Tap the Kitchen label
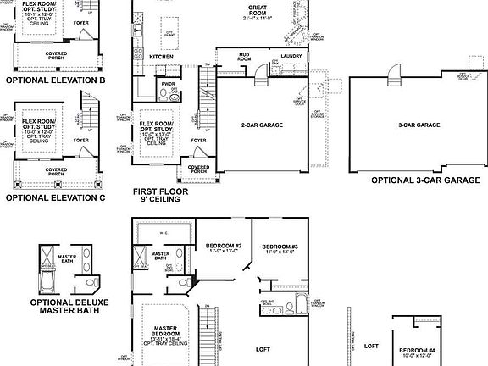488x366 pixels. [161, 57]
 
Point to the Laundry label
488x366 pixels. [291, 57]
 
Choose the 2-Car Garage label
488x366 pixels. [262, 125]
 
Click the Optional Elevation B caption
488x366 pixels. [54, 80]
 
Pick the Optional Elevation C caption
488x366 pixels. [54, 197]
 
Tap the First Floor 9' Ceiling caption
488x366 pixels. [163, 197]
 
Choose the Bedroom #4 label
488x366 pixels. [417, 351]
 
